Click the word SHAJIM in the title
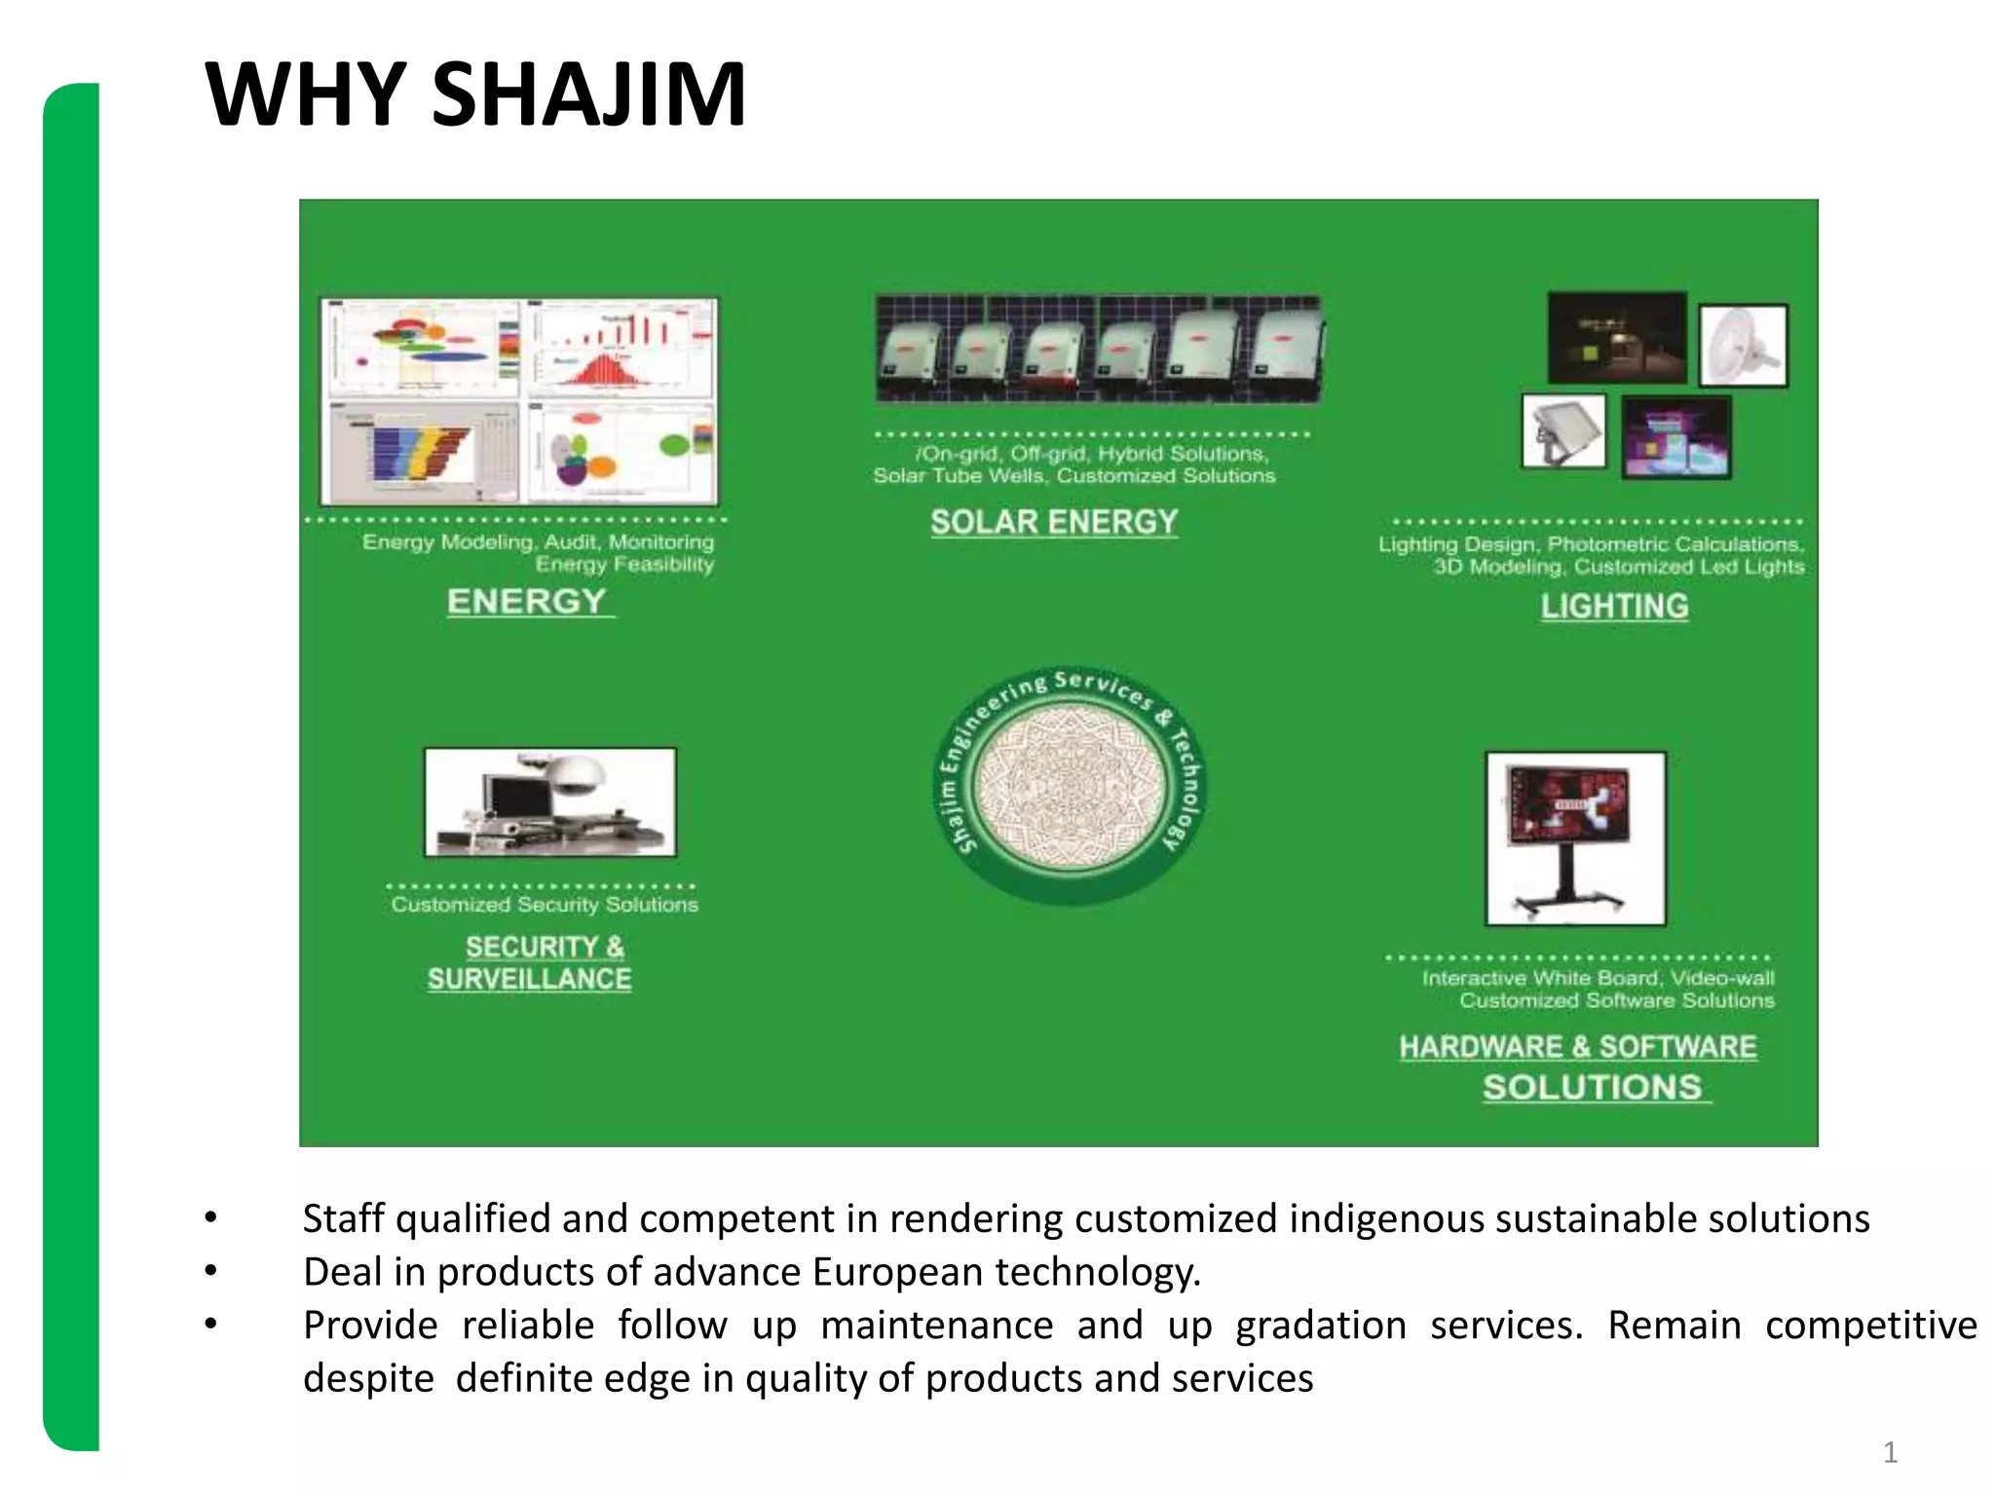pos(588,94)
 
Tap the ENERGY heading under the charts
pos(527,601)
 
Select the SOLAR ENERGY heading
pos(1054,522)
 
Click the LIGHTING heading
pos(1614,606)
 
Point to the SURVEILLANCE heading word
pos(529,979)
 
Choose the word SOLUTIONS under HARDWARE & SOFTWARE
pos(1593,1087)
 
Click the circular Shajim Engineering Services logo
pos(1070,785)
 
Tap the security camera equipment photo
pos(550,802)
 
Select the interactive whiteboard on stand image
pos(1575,838)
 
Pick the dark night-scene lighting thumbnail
pos(1617,337)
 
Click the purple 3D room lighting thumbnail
pos(1675,437)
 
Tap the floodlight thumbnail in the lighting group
pos(1563,431)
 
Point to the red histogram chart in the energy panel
pos(620,349)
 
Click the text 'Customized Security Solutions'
pos(545,905)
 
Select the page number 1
pos(1890,1452)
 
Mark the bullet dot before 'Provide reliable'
pos(210,1324)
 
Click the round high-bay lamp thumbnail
pos(1743,345)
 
